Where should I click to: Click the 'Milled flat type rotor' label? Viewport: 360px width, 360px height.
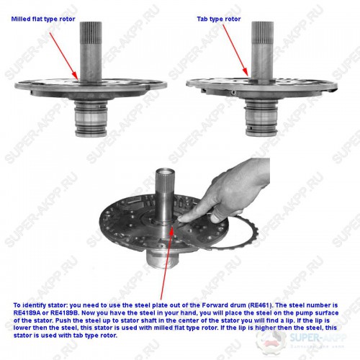click(43, 19)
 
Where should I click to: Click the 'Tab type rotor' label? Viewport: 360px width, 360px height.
click(219, 19)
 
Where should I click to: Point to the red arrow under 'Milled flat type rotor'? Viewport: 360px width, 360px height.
click(64, 56)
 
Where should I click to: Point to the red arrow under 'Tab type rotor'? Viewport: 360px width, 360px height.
click(235, 50)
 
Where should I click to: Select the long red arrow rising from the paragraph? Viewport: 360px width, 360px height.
click(166, 262)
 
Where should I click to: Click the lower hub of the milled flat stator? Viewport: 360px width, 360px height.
click(91, 118)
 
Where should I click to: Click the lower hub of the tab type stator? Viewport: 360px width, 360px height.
click(261, 118)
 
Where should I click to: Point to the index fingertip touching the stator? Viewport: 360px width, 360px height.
click(181, 218)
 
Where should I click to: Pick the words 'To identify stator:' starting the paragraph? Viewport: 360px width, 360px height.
click(40, 305)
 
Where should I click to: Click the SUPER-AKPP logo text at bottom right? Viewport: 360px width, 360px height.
click(318, 338)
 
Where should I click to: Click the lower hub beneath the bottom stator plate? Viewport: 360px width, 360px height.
click(162, 258)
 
